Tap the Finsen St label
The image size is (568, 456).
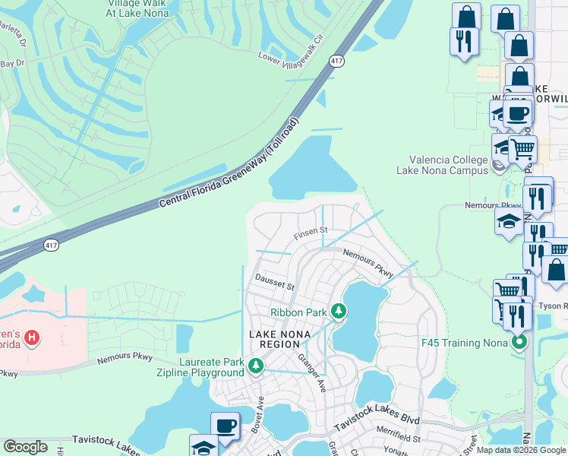coord(311,230)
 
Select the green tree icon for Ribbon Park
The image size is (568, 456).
coord(339,312)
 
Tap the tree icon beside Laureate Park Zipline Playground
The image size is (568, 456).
coord(257,368)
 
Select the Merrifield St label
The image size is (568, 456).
coord(396,439)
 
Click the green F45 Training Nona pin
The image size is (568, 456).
coord(519,342)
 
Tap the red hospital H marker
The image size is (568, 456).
coord(31,337)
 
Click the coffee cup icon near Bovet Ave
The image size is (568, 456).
coord(225,426)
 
